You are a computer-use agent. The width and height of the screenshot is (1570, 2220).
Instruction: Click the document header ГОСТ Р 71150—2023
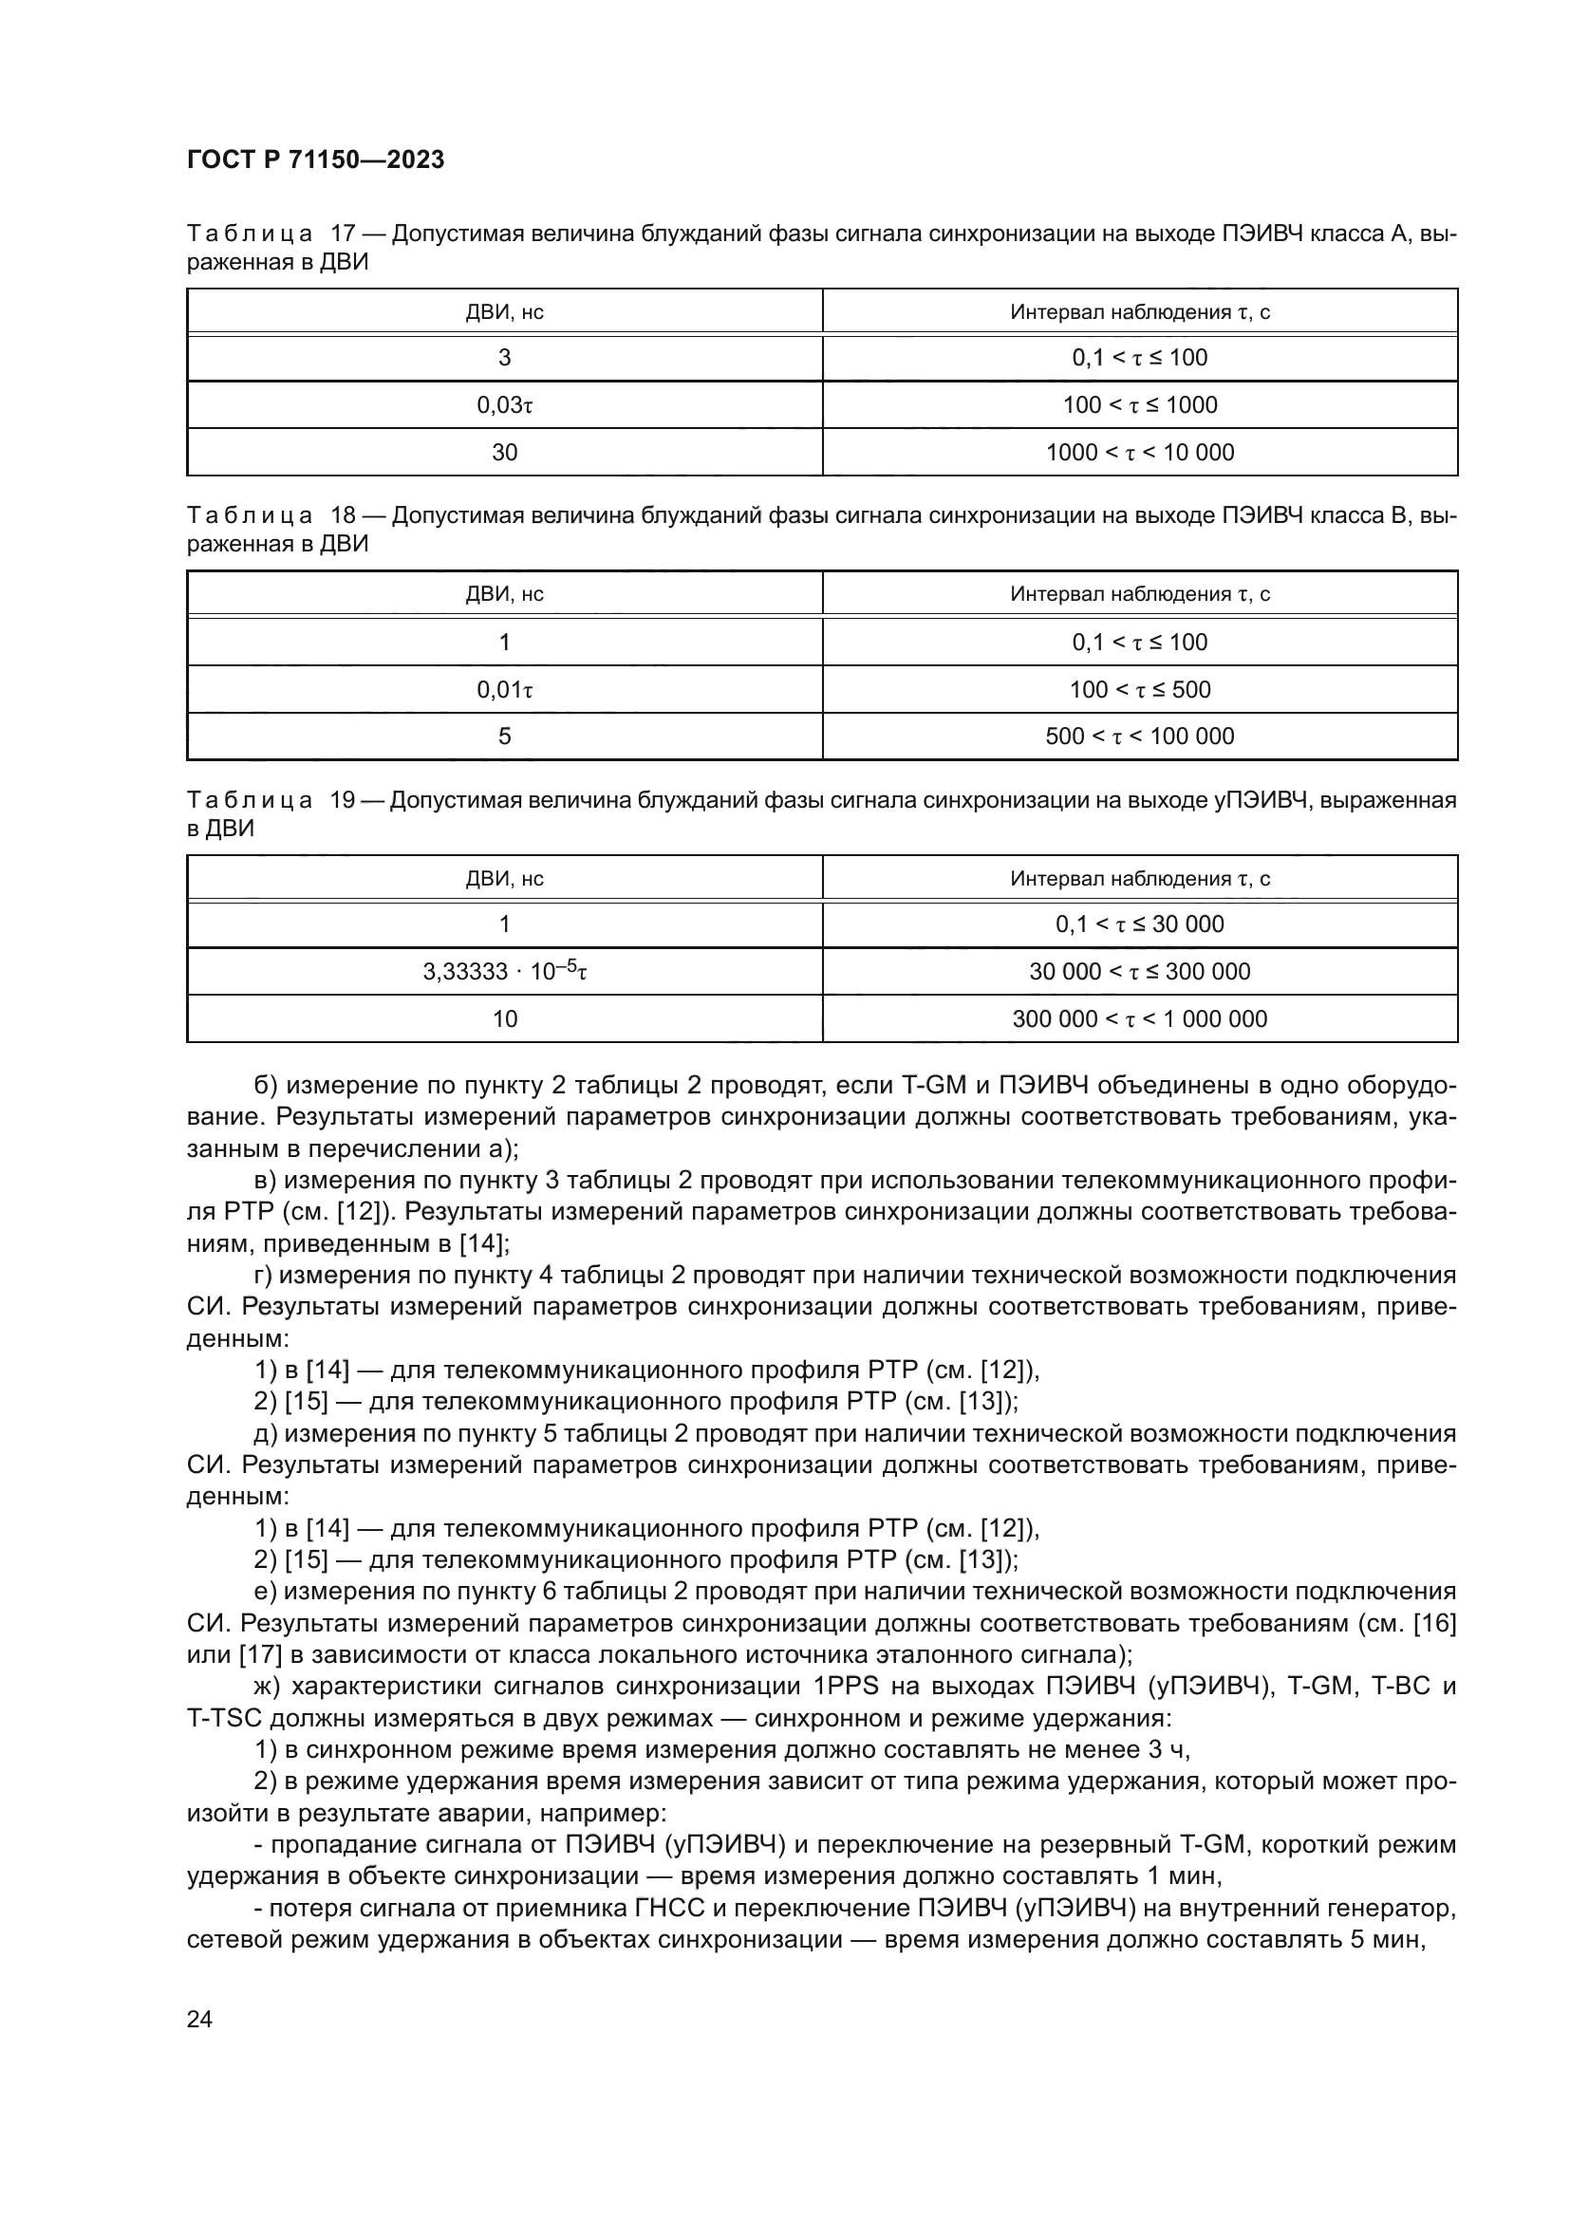[315, 160]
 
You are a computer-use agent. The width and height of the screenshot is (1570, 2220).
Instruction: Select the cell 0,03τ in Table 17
[505, 405]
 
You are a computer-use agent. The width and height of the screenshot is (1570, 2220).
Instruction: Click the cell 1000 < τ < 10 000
[1140, 453]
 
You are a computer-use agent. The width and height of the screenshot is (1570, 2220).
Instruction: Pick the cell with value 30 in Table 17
[505, 453]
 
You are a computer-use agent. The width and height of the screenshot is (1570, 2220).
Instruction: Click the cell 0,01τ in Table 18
[505, 689]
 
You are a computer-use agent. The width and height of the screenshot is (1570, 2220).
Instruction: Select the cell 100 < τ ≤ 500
[1140, 689]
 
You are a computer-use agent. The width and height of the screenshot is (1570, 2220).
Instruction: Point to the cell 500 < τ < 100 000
[1140, 737]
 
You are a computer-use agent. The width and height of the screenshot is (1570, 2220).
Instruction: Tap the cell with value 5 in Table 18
[505, 737]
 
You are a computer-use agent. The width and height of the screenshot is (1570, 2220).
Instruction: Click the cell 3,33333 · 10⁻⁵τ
[505, 972]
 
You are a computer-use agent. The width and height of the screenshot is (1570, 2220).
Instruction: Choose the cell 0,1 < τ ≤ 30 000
[1140, 924]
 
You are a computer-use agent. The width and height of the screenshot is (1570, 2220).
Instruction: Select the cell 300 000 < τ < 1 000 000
[1140, 1019]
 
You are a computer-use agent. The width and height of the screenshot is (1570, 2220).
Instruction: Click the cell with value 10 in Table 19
[505, 1019]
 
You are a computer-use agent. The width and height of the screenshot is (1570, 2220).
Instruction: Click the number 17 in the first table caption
[344, 234]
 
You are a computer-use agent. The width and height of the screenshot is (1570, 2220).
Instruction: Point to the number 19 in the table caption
[344, 801]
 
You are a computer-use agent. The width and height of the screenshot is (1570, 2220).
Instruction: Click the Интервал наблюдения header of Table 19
[1140, 879]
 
